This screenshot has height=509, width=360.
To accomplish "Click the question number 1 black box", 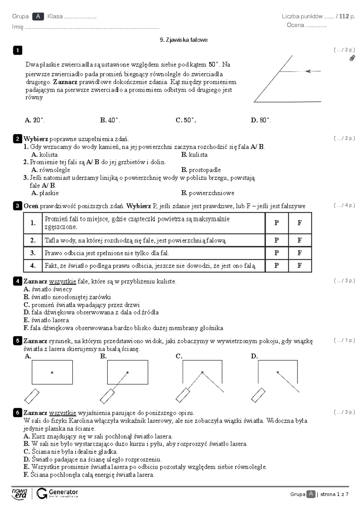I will coord(17,50).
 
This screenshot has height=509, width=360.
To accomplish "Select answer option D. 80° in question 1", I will coord(261,120).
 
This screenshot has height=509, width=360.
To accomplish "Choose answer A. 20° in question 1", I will coord(34,120).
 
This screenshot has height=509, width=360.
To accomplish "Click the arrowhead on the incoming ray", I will coord(308,71).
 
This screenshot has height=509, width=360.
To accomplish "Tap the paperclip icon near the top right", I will coord(352,58).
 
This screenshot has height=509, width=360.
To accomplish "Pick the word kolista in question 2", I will coord(48,155).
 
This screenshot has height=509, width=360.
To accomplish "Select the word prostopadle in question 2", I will coord(205,170).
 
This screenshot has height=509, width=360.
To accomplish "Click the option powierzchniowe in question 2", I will coord(211,193).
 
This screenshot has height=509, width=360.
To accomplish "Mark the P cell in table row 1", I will coord(277,223).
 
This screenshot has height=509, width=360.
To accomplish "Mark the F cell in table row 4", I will coord(299,266).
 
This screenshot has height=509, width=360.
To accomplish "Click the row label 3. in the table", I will coord(33,253).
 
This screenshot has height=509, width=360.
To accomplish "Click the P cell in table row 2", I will coord(277,240).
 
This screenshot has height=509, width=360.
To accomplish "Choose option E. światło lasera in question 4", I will coord(46,320).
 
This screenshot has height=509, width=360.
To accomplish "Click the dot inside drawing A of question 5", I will coord(52,372).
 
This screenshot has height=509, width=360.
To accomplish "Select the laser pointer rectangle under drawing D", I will coord(258,395).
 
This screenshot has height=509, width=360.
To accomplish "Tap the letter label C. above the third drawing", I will coord(179,356).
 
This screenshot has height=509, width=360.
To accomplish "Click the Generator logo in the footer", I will coord(57,493).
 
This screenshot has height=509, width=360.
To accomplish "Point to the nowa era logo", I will coord(19,493).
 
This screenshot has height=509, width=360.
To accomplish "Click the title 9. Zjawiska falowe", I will coord(184,40).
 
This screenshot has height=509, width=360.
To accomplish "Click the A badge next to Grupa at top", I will coord(38,16).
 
